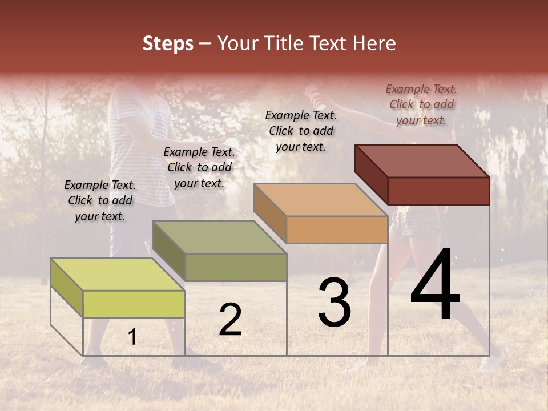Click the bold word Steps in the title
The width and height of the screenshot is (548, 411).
pyautogui.click(x=168, y=43)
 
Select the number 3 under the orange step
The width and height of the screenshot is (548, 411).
pyautogui.click(x=335, y=303)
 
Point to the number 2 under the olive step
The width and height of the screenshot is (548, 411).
pyautogui.click(x=231, y=320)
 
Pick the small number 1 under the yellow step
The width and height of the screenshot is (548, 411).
pyautogui.click(x=132, y=337)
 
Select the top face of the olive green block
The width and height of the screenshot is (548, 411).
pyautogui.click(x=219, y=237)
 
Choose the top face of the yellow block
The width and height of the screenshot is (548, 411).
pyautogui.click(x=118, y=274)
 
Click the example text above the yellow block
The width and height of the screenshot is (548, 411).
pyautogui.click(x=100, y=200)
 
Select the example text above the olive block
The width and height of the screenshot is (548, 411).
pyautogui.click(x=199, y=167)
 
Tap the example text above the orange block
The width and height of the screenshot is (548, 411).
pyautogui.click(x=301, y=131)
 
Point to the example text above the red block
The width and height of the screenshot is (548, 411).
pyautogui.click(x=421, y=104)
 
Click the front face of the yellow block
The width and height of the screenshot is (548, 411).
pyautogui.click(x=134, y=304)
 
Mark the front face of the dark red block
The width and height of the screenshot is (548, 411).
pyautogui.click(x=438, y=191)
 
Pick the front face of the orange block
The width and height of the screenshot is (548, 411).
pyautogui.click(x=337, y=229)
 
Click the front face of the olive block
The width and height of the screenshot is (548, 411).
pyautogui.click(x=235, y=267)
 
